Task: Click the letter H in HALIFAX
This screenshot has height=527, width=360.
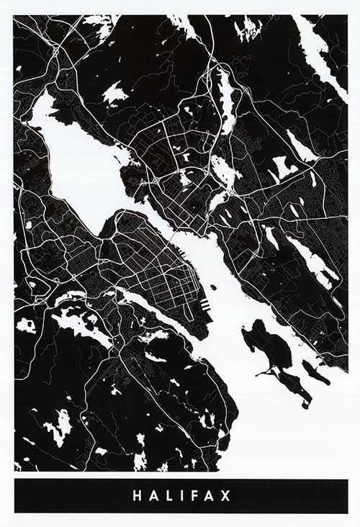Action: pyautogui.click(x=136, y=496)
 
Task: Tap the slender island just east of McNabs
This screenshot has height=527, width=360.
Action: pyautogui.click(x=315, y=371)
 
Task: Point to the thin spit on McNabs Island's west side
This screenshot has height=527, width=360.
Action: pyautogui.click(x=265, y=371)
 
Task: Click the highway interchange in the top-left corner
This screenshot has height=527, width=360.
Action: pyautogui.click(x=55, y=50)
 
